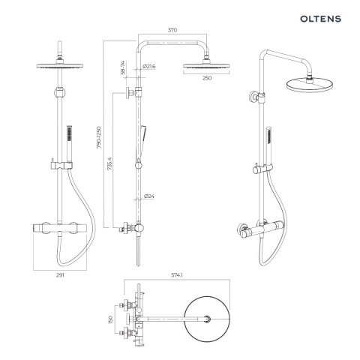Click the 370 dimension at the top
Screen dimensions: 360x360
(x=172, y=30)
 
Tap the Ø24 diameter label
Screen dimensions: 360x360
(x=148, y=197)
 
